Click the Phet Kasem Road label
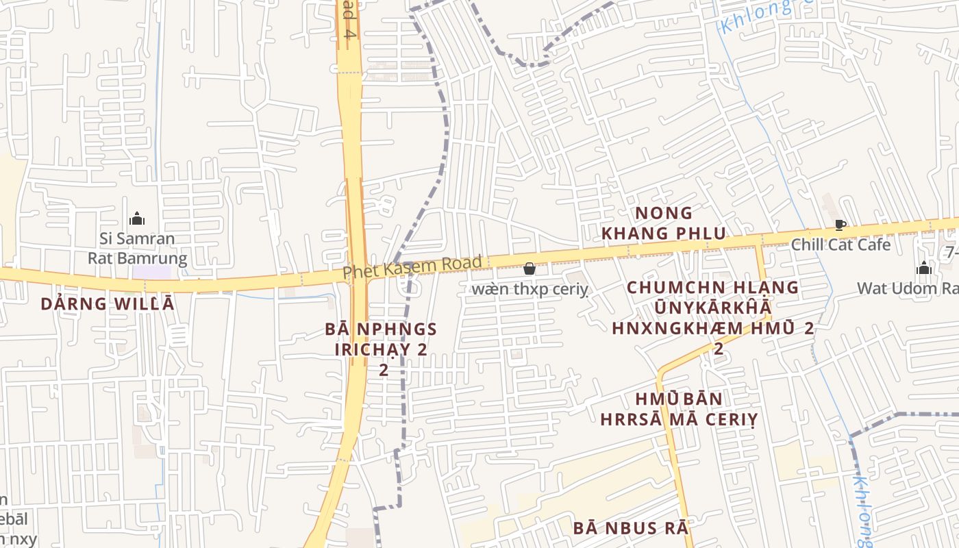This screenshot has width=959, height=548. pyautogui.click(x=412, y=266)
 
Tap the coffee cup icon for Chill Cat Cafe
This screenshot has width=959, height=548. pyautogui.click(x=840, y=225)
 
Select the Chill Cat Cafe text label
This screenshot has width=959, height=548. pyautogui.click(x=840, y=245)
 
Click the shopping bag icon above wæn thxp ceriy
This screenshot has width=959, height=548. pyautogui.click(x=529, y=269)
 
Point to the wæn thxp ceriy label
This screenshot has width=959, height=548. pyautogui.click(x=530, y=290)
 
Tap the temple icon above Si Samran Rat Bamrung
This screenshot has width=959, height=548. pyautogui.click(x=137, y=219)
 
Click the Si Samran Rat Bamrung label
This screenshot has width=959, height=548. pyautogui.click(x=137, y=249)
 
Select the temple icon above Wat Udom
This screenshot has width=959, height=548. pyautogui.click(x=923, y=268)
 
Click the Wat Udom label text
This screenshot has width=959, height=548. pyautogui.click(x=908, y=288)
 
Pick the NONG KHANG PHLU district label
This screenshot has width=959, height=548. pyautogui.click(x=662, y=223)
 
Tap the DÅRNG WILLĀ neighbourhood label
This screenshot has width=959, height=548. pyautogui.click(x=108, y=303)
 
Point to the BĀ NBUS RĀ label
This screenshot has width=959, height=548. pyautogui.click(x=630, y=528)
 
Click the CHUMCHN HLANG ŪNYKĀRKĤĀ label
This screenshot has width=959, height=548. pyautogui.click(x=712, y=298)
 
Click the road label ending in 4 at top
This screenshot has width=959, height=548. pyautogui.click(x=348, y=19)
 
